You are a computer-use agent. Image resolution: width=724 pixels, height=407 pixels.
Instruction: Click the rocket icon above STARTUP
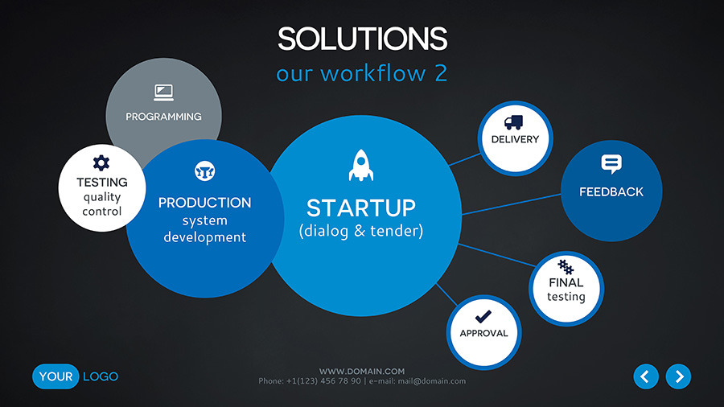361,165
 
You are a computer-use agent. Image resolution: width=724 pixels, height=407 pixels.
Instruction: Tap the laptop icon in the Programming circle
163,92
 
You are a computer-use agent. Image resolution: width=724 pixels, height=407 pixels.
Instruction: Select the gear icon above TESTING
101,163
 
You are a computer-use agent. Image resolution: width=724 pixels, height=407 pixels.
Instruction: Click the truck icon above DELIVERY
513,122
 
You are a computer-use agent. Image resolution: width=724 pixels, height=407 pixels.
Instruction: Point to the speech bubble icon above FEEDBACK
611,164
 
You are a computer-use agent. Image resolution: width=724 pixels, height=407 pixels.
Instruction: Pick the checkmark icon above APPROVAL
483,317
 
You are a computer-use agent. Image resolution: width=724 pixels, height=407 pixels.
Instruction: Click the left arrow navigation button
646,376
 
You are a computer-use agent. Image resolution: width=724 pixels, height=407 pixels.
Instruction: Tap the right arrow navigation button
678,376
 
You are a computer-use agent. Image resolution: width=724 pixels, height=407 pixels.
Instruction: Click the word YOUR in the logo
56,376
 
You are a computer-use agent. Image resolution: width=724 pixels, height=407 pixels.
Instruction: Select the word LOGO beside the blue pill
101,376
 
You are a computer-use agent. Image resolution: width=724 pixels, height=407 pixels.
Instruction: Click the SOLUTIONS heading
363,39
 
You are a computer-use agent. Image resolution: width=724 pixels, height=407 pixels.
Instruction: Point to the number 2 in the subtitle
441,73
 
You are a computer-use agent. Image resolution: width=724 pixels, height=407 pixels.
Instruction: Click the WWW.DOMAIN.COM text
362,371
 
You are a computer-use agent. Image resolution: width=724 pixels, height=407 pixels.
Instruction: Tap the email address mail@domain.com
432,381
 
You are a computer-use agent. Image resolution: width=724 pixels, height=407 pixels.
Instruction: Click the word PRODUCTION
204,203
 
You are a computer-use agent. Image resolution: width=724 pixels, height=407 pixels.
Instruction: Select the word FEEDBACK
611,192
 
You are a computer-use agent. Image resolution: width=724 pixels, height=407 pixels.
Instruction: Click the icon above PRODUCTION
204,171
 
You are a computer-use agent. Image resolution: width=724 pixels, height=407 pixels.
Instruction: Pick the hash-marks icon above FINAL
566,267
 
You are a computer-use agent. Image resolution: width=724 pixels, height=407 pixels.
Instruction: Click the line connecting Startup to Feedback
511,204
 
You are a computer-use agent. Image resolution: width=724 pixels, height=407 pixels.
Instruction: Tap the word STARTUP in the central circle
361,208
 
